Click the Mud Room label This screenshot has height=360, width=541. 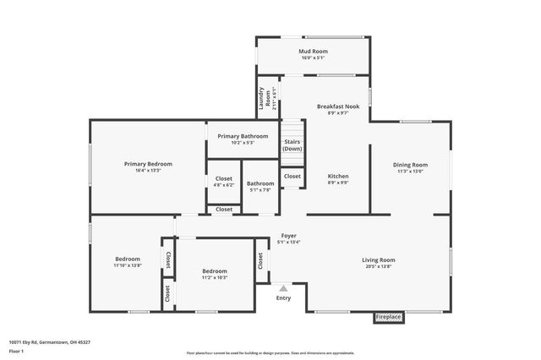(x=313, y=52)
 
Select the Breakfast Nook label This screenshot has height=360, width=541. (x=338, y=106)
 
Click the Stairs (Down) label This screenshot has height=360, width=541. (x=292, y=145)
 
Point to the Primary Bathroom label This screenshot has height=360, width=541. (x=243, y=136)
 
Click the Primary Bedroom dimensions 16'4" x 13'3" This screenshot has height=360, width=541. (x=148, y=171)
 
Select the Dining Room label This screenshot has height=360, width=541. (x=410, y=165)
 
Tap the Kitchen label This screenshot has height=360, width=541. (x=338, y=176)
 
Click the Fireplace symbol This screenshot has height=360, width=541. (x=389, y=317)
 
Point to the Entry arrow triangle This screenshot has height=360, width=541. (x=283, y=288)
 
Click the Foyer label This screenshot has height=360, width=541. (x=288, y=236)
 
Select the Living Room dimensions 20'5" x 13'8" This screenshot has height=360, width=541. (x=379, y=267)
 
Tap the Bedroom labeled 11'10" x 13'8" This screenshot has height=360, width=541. (x=128, y=259)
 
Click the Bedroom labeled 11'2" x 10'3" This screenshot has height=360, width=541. (x=215, y=271)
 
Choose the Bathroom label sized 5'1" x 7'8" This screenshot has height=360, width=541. (x=260, y=183)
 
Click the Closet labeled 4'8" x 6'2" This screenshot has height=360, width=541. (x=224, y=178)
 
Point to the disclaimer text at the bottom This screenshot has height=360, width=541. (x=270, y=353)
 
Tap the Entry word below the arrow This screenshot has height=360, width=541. (x=283, y=297)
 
